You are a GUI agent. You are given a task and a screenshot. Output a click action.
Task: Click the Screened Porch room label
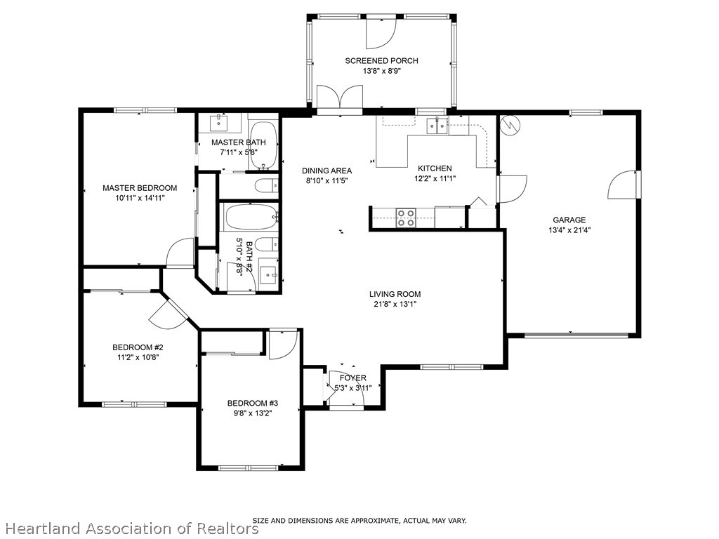381,60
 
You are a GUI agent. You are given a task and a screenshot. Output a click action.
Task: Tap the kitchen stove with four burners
406,218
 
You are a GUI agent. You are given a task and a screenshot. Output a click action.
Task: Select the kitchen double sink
437,125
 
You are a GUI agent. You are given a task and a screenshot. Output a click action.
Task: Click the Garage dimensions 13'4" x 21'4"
569,230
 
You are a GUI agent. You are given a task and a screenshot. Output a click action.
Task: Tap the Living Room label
395,294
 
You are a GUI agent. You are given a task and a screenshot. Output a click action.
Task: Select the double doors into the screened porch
340,97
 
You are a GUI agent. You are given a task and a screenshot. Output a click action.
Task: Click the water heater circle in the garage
510,125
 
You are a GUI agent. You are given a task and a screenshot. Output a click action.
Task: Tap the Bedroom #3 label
253,404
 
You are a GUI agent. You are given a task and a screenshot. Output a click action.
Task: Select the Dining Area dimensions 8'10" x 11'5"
327,180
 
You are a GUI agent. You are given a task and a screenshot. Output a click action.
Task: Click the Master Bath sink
219,123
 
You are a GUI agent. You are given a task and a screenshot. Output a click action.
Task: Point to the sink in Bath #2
268,274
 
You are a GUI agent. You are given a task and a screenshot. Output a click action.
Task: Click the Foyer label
353,378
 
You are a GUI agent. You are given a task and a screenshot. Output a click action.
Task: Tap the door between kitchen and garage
511,189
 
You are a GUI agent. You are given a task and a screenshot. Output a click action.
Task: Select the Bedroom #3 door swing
283,344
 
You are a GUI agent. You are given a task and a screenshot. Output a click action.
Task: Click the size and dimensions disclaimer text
359,521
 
